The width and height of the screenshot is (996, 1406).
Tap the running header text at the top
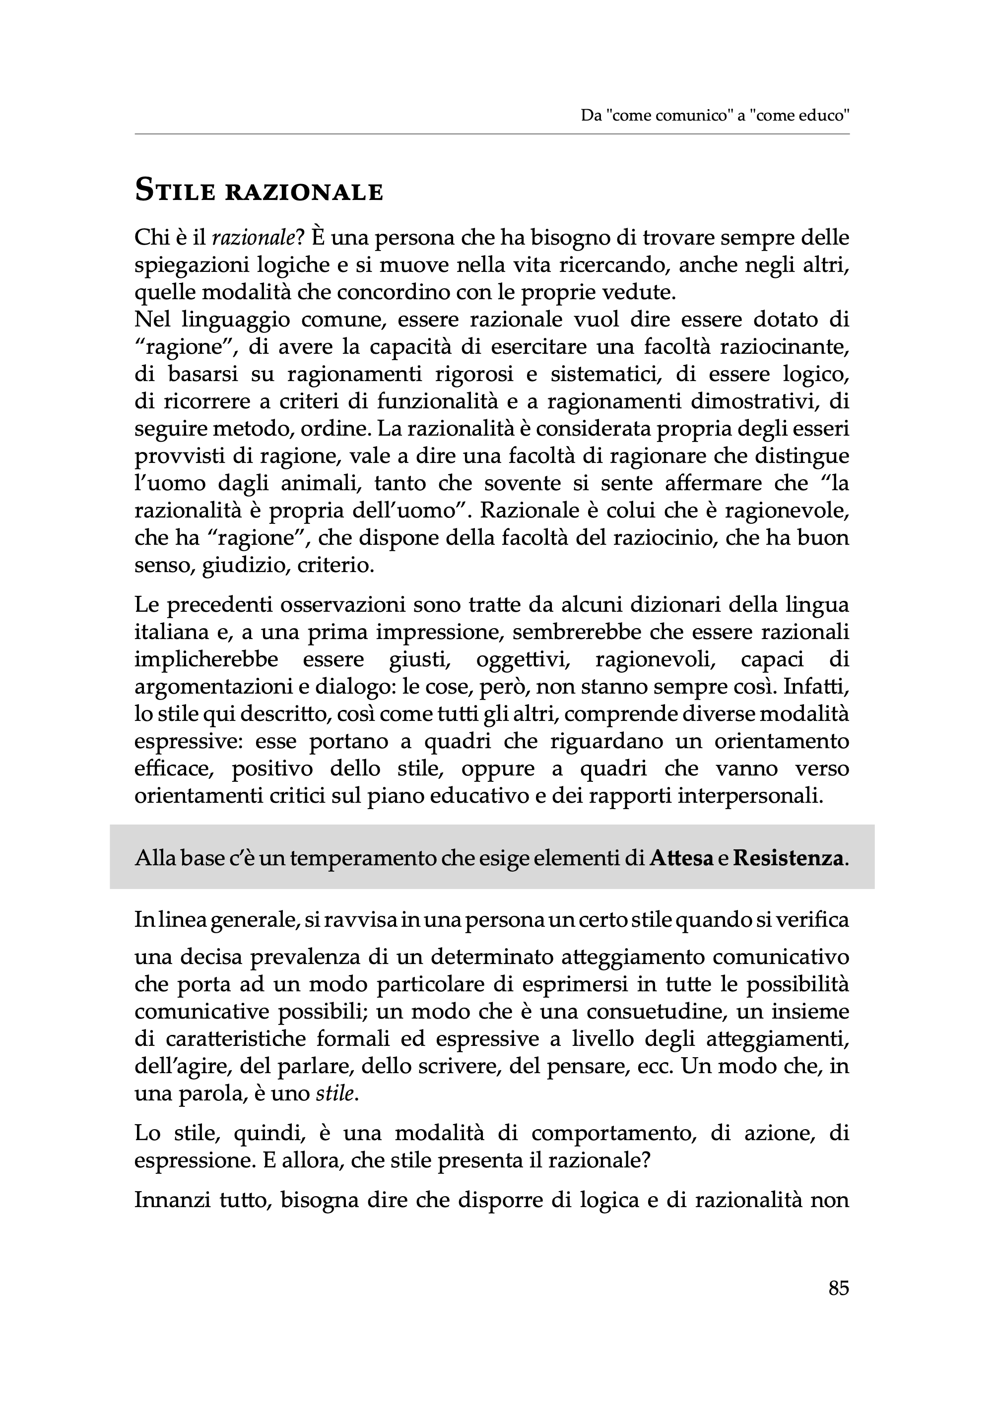(715, 115)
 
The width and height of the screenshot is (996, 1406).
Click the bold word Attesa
(681, 858)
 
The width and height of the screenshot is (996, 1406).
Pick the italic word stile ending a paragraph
(335, 1094)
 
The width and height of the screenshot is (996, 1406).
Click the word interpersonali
(749, 796)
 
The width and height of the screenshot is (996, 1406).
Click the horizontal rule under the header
(492, 133)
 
